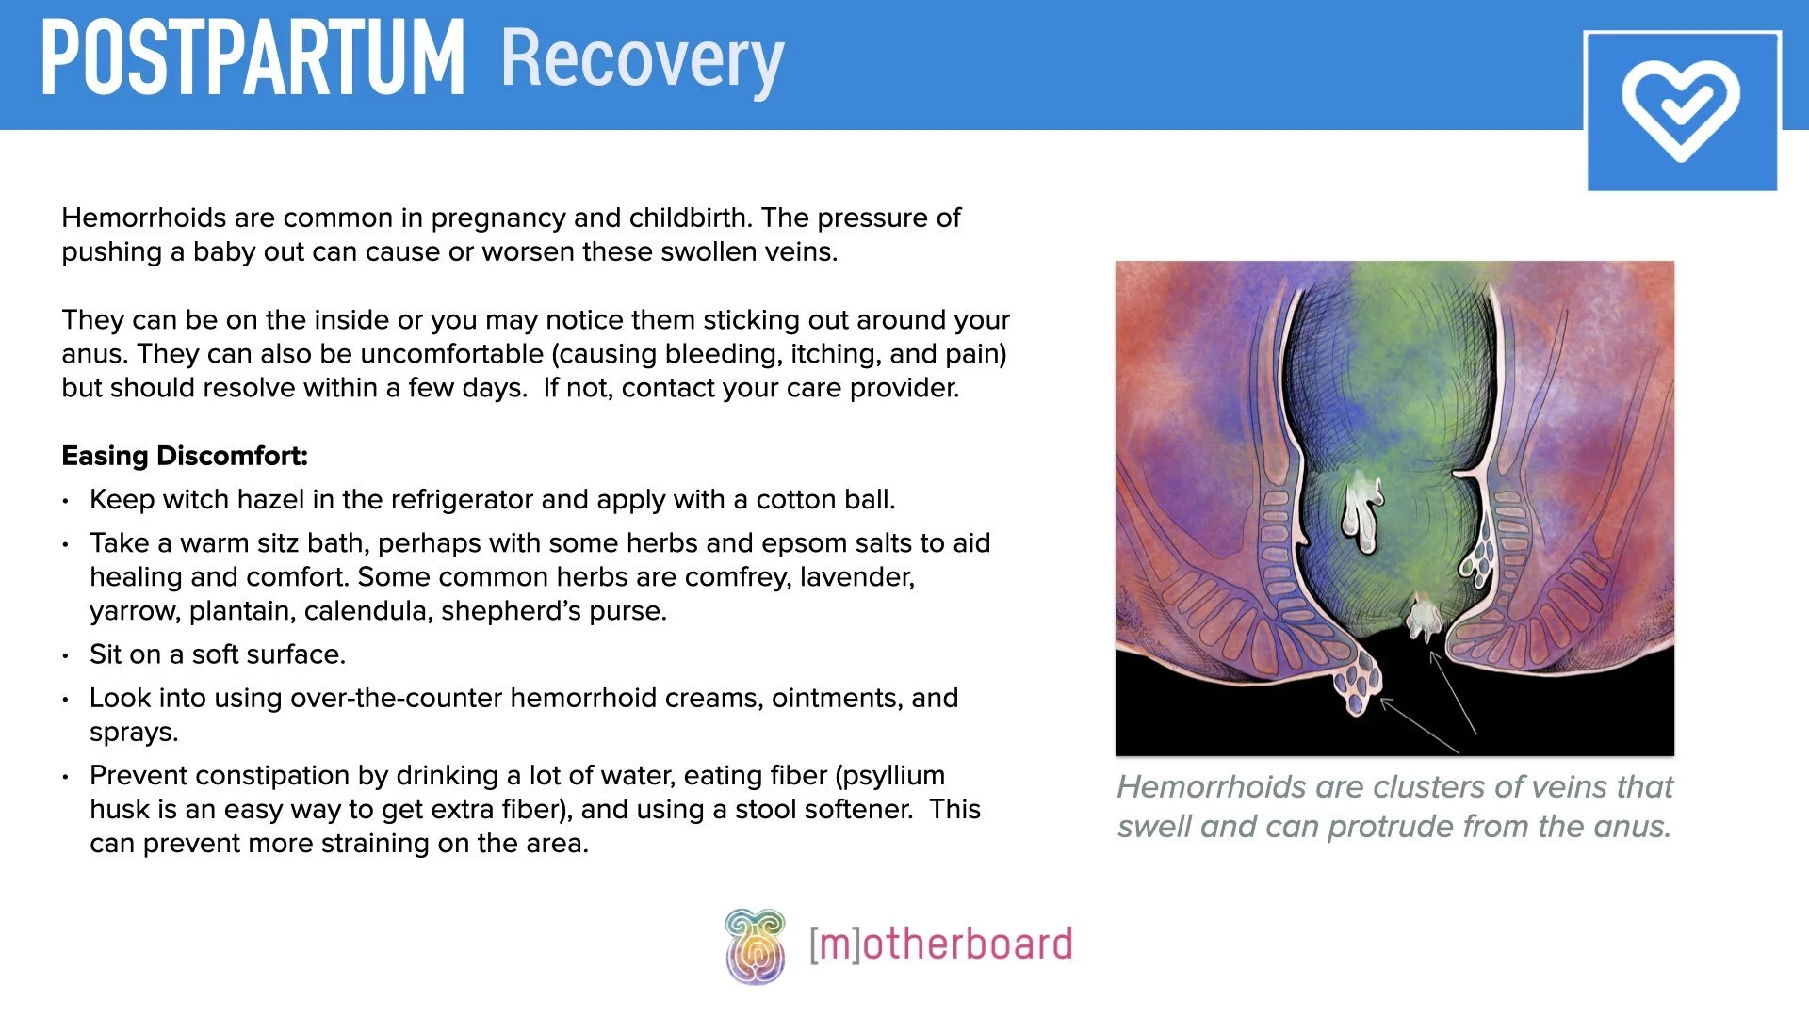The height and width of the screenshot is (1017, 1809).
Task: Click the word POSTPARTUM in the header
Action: point(253,58)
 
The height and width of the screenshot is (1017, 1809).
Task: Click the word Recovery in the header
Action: point(642,58)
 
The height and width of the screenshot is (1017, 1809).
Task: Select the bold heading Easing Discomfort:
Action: point(185,456)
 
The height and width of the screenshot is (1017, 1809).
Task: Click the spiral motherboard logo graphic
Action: point(755,946)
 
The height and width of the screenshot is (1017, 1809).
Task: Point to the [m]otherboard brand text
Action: point(940,944)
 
